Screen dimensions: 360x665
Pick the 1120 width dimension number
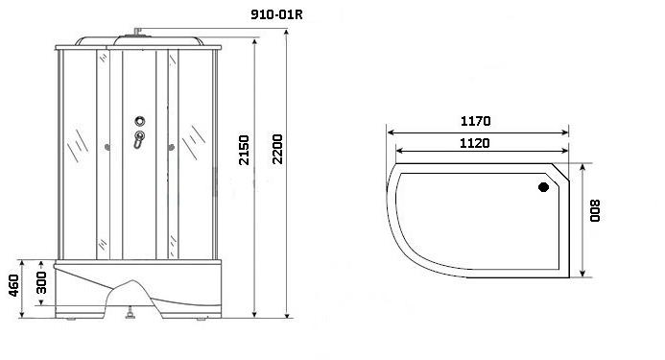474,143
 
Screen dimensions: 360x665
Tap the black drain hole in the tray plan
544,188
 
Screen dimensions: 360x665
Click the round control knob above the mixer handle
140,122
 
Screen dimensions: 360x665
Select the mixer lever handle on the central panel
139,140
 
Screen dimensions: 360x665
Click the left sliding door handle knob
106,148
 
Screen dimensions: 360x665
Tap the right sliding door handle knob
173,147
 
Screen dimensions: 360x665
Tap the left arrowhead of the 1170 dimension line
388,132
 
